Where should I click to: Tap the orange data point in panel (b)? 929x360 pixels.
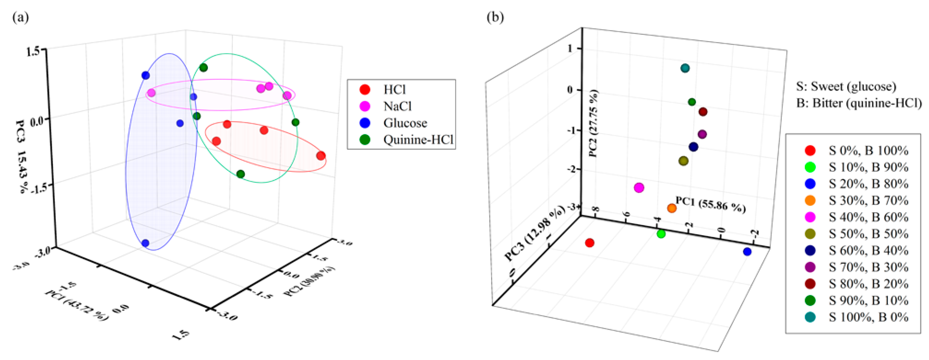click(x=671, y=208)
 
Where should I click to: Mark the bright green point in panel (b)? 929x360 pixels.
click(x=661, y=234)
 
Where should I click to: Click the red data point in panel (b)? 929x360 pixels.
click(x=590, y=243)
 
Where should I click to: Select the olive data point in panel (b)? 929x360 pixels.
click(x=683, y=161)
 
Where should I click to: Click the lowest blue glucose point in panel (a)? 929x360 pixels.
click(x=145, y=243)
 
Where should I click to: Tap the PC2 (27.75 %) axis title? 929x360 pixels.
click(x=593, y=123)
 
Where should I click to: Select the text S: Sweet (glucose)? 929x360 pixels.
click(x=846, y=87)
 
